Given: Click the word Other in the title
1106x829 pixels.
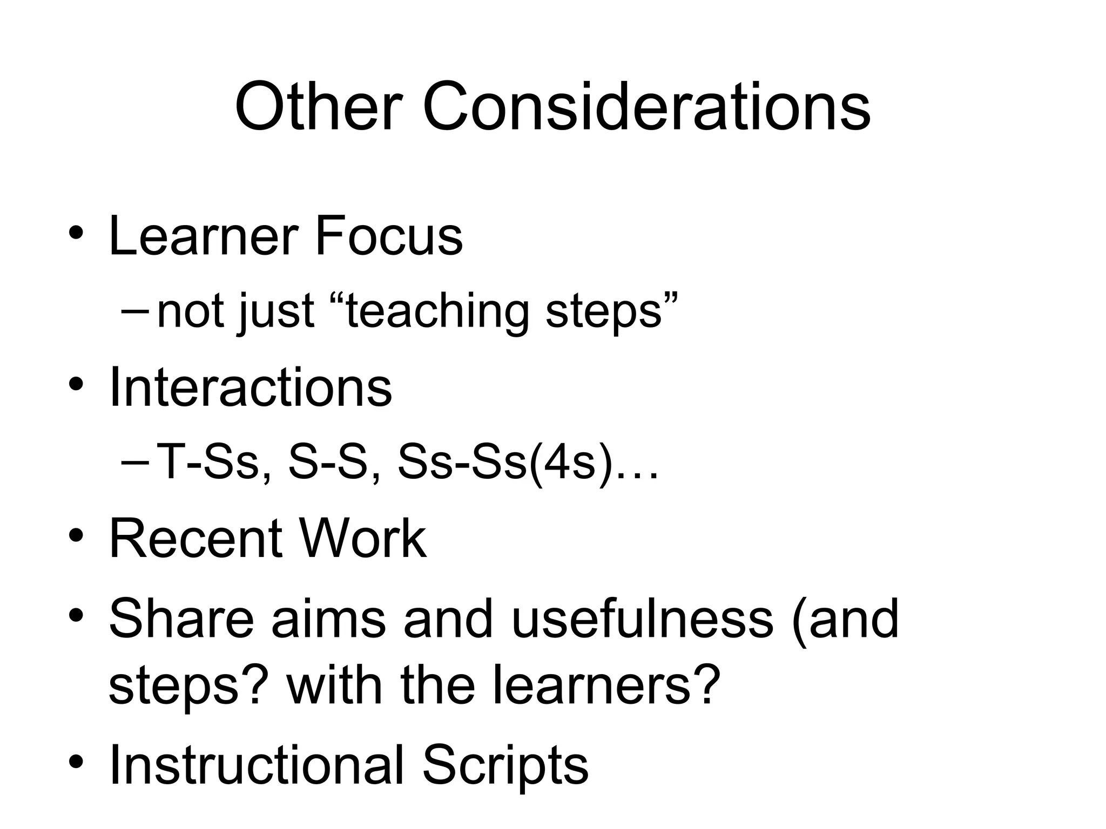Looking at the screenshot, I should coord(319,106).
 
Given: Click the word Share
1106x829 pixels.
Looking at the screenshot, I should coord(181,619).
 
